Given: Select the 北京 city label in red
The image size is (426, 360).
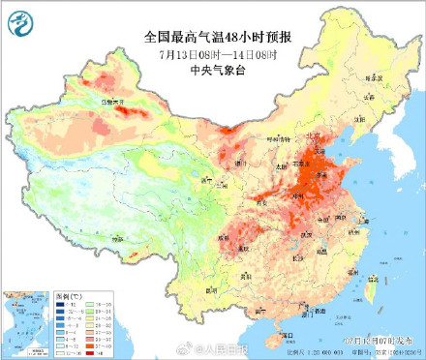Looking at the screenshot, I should coord(317,136).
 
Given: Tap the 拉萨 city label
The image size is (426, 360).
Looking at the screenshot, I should coord(116,238).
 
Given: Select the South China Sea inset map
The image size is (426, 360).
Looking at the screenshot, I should coord(25,319).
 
